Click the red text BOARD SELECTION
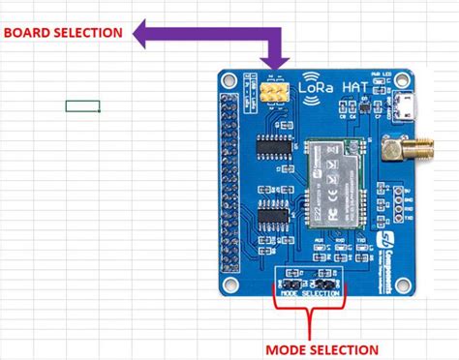click(x=63, y=32)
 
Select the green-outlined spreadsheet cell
click(x=82, y=105)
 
